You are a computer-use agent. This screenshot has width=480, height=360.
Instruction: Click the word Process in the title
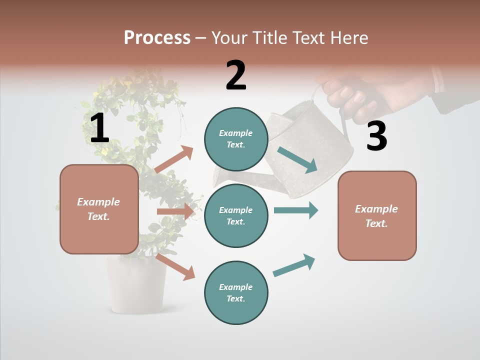(x=157, y=38)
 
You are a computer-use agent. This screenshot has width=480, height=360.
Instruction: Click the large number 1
(x=99, y=128)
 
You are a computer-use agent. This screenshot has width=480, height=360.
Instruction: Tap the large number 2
(x=236, y=75)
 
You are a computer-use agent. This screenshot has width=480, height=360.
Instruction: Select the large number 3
(x=376, y=136)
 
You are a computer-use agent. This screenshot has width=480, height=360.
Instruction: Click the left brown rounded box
(x=99, y=209)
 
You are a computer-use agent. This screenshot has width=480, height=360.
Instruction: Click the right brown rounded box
(x=377, y=215)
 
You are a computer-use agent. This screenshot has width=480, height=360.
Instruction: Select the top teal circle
(x=236, y=139)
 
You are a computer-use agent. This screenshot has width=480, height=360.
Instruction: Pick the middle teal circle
(x=236, y=215)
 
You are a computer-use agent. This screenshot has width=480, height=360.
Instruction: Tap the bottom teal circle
(x=236, y=292)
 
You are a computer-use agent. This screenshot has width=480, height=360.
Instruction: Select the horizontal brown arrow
(x=175, y=211)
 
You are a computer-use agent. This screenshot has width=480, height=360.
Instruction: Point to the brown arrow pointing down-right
(x=175, y=266)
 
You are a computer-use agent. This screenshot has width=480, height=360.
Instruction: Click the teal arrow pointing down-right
(x=297, y=160)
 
